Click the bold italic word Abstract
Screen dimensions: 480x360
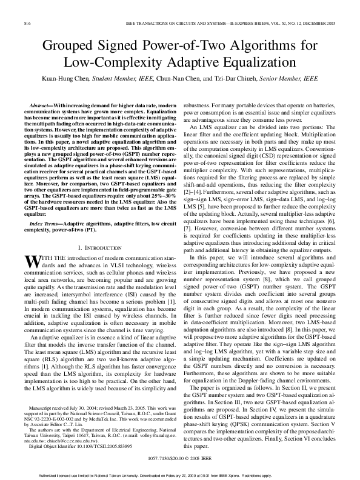41,105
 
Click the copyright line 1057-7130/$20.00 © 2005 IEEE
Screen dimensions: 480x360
180,459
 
